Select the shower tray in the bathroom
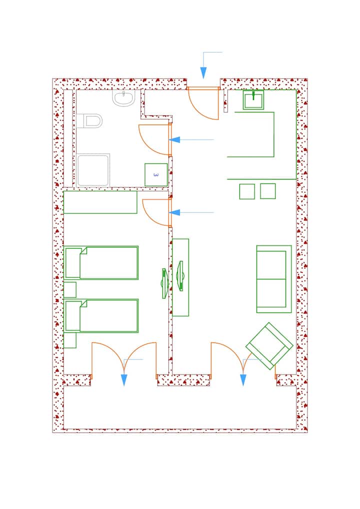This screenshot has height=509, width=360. [93, 170]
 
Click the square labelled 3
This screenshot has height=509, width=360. [156, 174]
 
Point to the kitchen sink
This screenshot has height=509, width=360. [253, 99]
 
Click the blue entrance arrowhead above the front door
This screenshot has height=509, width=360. [203, 72]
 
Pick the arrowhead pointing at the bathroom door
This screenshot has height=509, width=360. [174, 140]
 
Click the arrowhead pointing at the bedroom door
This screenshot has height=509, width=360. [174, 212]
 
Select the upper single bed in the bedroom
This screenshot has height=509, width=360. [101, 262]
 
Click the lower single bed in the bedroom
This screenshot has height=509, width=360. [101, 316]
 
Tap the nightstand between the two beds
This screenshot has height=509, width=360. [70, 289]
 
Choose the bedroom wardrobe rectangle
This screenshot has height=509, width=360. [100, 202]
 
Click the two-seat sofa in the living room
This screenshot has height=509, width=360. [274, 279]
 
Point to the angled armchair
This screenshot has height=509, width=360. [269, 345]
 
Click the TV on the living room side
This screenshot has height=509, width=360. [180, 276]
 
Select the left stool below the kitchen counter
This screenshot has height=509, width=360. [247, 191]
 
